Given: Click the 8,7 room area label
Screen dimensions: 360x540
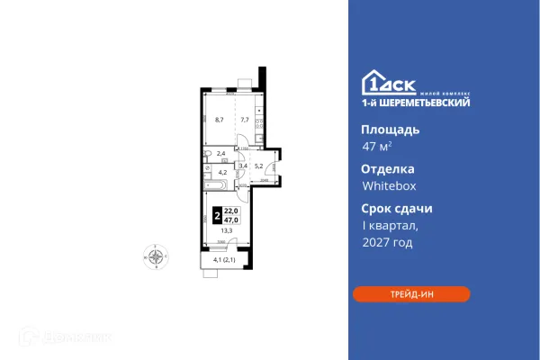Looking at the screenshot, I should pyautogui.click(x=220, y=118).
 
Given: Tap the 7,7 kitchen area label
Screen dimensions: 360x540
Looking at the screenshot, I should pyautogui.click(x=243, y=118).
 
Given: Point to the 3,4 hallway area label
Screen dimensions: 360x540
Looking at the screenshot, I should pyautogui.click(x=242, y=166).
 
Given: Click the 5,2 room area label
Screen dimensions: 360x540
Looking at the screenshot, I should pyautogui.click(x=259, y=165).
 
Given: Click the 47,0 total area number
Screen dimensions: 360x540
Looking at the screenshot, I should pyautogui.click(x=230, y=218).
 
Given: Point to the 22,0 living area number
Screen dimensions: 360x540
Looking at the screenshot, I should pyautogui.click(x=230, y=211).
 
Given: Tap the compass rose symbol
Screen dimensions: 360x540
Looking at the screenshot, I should pyautogui.click(x=157, y=256).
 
